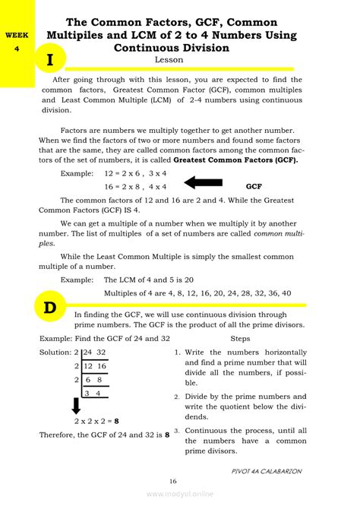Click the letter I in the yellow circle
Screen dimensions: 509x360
click(49, 59)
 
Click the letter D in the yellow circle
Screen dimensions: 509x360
click(49, 308)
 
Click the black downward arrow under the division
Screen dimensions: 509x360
click(76, 406)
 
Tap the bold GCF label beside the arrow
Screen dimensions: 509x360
click(254, 185)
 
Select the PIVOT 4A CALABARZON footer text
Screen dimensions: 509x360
click(267, 471)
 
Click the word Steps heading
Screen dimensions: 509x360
click(239, 339)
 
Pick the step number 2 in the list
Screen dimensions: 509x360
click(176, 397)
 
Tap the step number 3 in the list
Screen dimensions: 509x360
click(176, 430)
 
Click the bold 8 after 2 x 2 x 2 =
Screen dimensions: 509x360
click(116, 420)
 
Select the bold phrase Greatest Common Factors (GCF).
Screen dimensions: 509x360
click(235, 161)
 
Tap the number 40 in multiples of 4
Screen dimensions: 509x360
click(264, 292)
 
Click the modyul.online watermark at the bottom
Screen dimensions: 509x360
click(179, 495)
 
